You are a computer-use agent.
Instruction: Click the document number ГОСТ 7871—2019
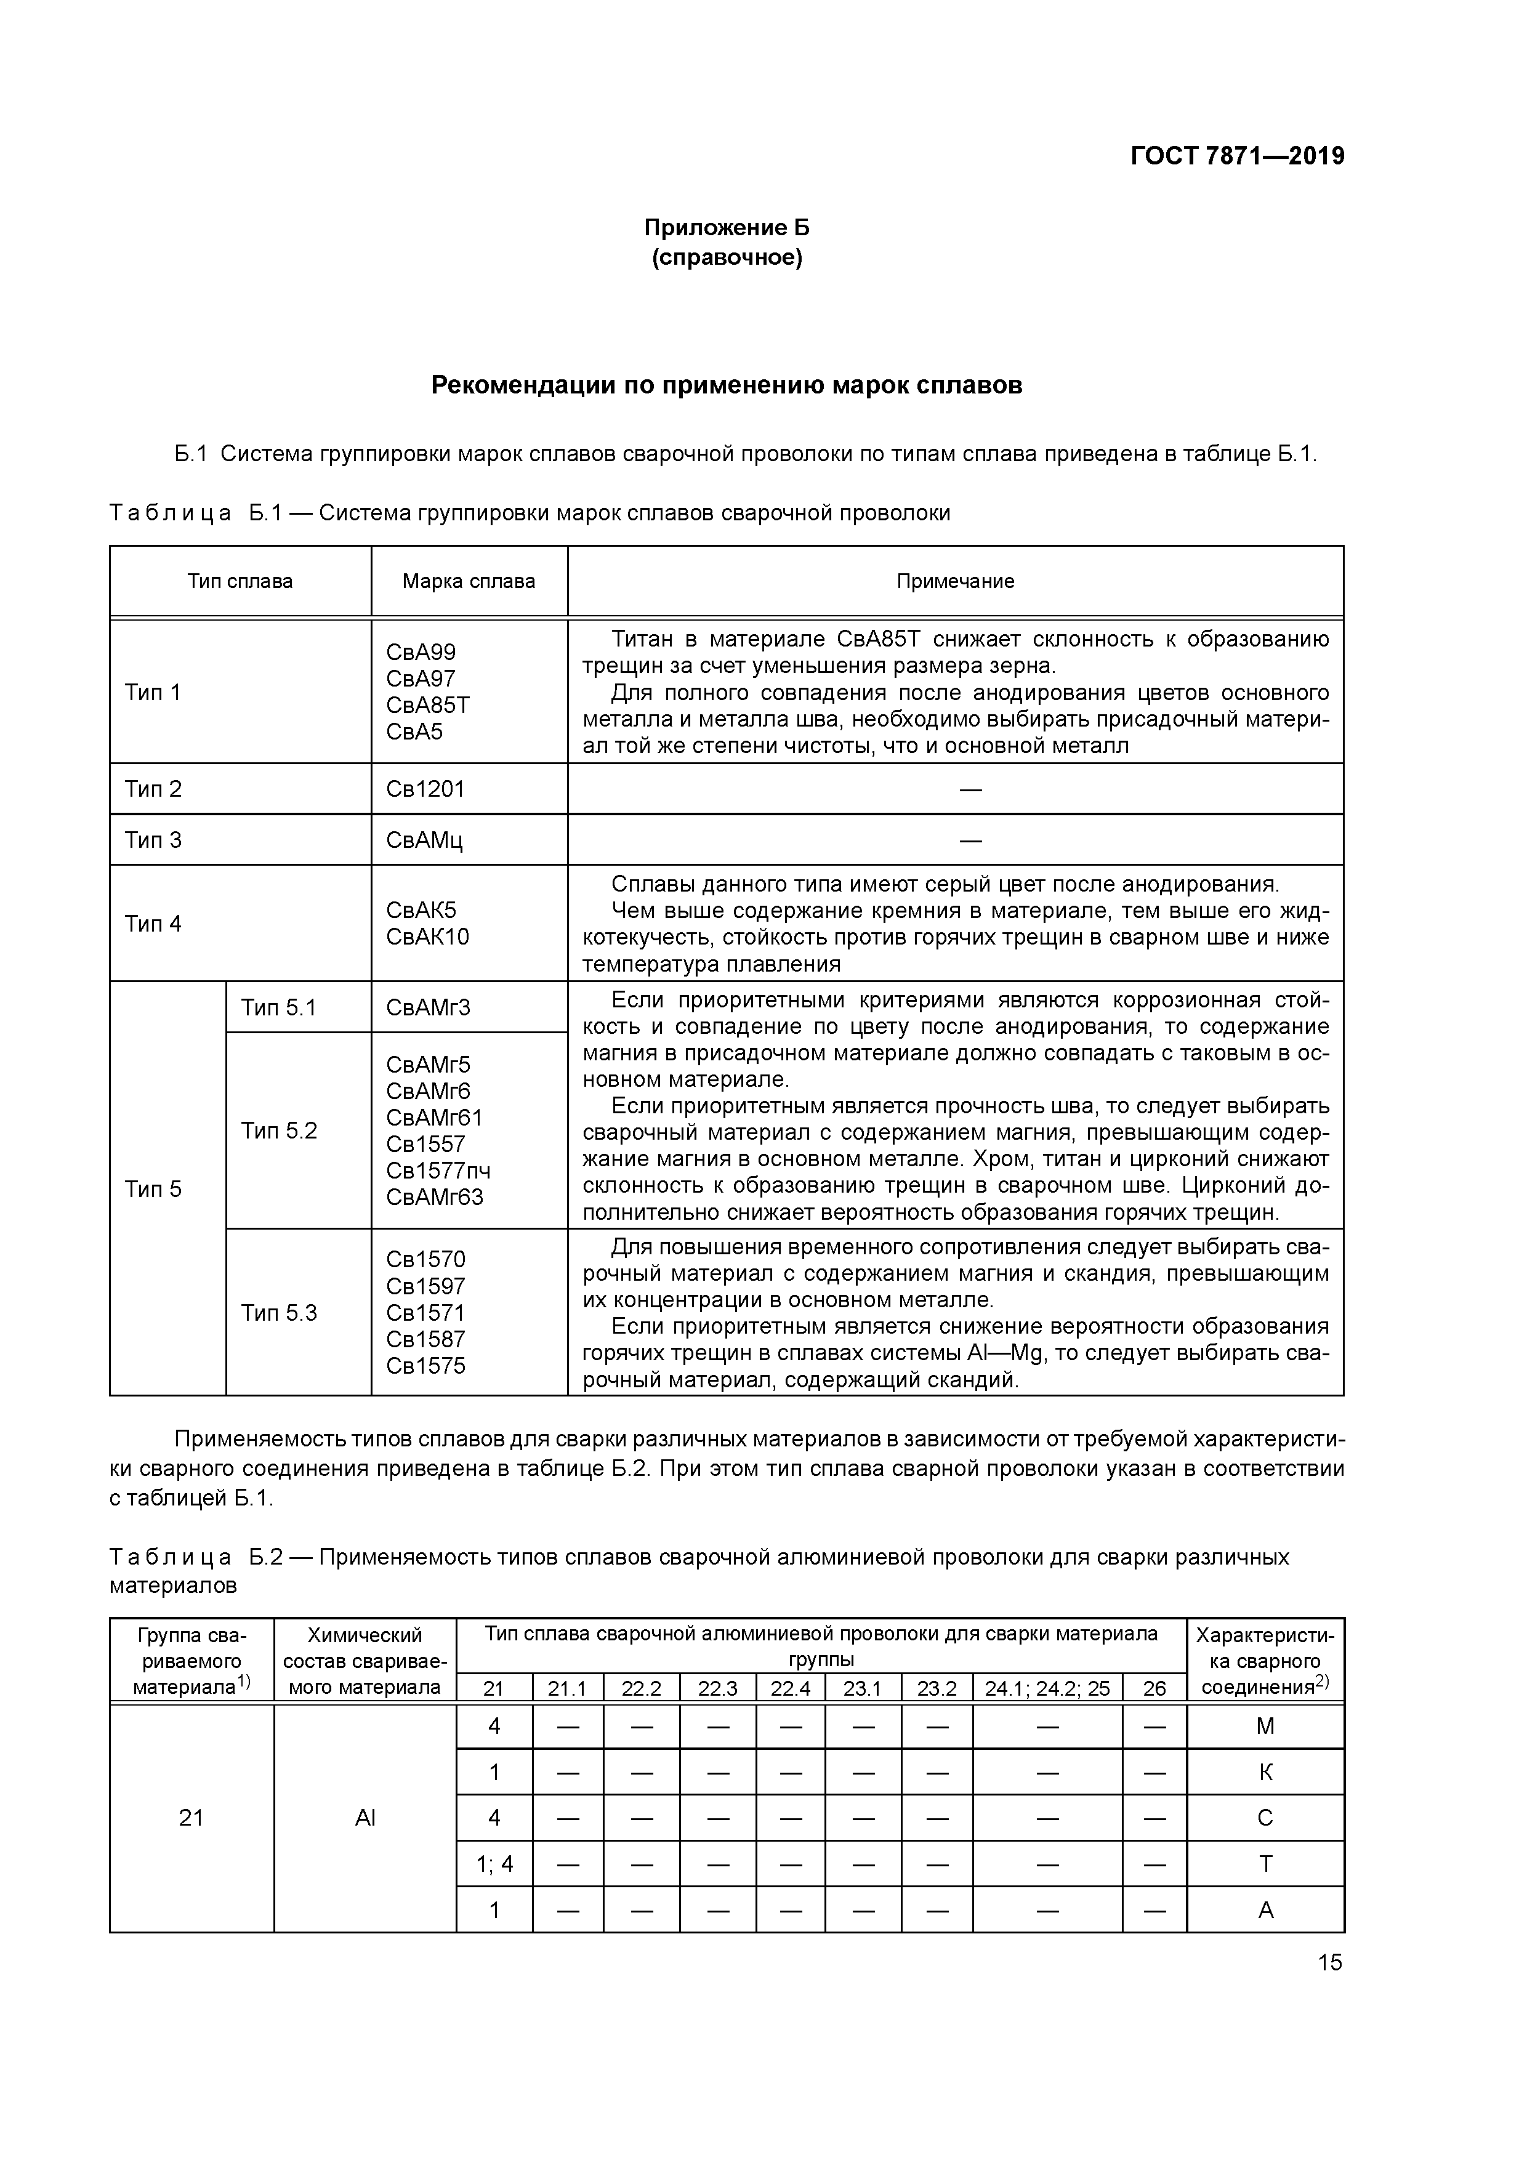[1236, 156]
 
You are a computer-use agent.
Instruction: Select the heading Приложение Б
[727, 228]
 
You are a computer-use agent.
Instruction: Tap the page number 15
[1329, 1962]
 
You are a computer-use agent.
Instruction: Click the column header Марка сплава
[469, 581]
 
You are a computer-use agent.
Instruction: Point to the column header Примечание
[955, 581]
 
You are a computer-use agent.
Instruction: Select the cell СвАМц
[424, 839]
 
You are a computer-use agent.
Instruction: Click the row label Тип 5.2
[280, 1130]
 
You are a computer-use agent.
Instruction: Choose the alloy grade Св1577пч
[438, 1171]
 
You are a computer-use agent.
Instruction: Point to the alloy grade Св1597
[425, 1286]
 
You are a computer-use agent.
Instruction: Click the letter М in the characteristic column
[1265, 1727]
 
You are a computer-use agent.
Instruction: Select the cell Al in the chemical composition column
[365, 1818]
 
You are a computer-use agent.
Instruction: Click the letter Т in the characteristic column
[1265, 1864]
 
